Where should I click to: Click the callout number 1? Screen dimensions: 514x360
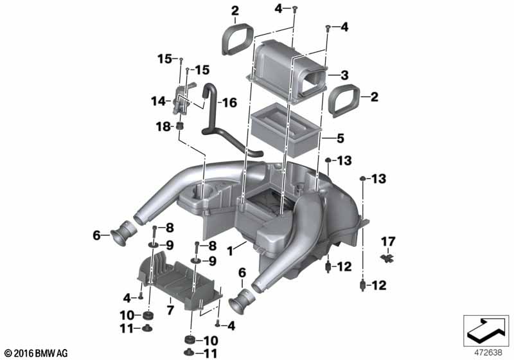pos(230,251)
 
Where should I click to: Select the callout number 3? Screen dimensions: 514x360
pos(344,75)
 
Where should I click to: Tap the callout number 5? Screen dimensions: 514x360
pos(341,138)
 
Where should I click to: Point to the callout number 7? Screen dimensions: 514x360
pos(170,309)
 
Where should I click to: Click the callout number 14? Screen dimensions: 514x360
pos(158,102)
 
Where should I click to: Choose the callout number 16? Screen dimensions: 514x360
pos(229,103)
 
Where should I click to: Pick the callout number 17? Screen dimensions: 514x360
pos(388,242)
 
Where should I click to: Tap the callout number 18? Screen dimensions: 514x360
pos(163,126)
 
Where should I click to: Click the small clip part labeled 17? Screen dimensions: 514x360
pos(388,258)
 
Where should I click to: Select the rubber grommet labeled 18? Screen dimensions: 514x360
pos(179,125)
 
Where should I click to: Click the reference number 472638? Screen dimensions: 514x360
pos(488,352)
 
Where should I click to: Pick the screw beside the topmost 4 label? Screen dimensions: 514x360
pos(294,8)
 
